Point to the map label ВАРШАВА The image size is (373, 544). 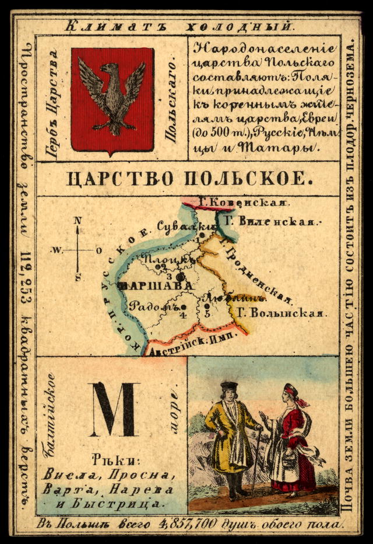pos(154,285)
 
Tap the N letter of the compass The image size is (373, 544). pos(78,221)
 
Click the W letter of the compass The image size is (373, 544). pos(57,251)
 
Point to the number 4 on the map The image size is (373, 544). pos(184,316)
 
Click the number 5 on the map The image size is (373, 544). pos(207,313)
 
